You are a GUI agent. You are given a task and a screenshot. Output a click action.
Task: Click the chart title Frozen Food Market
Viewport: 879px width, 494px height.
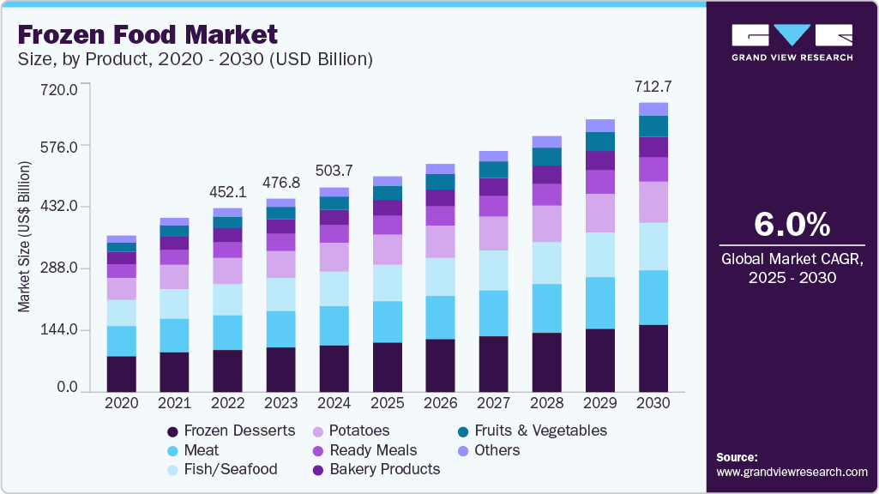[x=147, y=34]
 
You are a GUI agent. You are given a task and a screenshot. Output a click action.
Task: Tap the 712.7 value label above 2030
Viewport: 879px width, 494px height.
[x=653, y=86]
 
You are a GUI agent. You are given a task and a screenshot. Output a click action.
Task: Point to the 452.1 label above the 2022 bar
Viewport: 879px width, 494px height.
[x=228, y=191]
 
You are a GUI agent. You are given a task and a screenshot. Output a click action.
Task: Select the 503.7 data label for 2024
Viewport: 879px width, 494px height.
[x=334, y=170]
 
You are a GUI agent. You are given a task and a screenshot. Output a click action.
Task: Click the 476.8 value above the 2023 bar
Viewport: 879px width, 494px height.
[x=280, y=183]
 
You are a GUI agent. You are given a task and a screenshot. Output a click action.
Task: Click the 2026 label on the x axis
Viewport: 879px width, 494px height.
[x=440, y=403]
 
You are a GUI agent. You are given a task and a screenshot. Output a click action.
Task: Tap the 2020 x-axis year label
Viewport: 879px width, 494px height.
[x=121, y=403]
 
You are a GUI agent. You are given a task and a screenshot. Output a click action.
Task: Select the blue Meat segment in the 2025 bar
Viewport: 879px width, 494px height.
[x=387, y=322]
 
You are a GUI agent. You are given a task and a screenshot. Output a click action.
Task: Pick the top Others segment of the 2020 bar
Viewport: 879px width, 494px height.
[x=121, y=238]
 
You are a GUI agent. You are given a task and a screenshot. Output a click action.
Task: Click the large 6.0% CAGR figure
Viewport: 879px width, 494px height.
[x=792, y=224]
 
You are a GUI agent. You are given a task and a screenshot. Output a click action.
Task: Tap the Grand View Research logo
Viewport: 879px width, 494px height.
[x=792, y=41]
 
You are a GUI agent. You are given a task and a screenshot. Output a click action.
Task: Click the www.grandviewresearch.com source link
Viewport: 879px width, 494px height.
[x=792, y=472]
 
